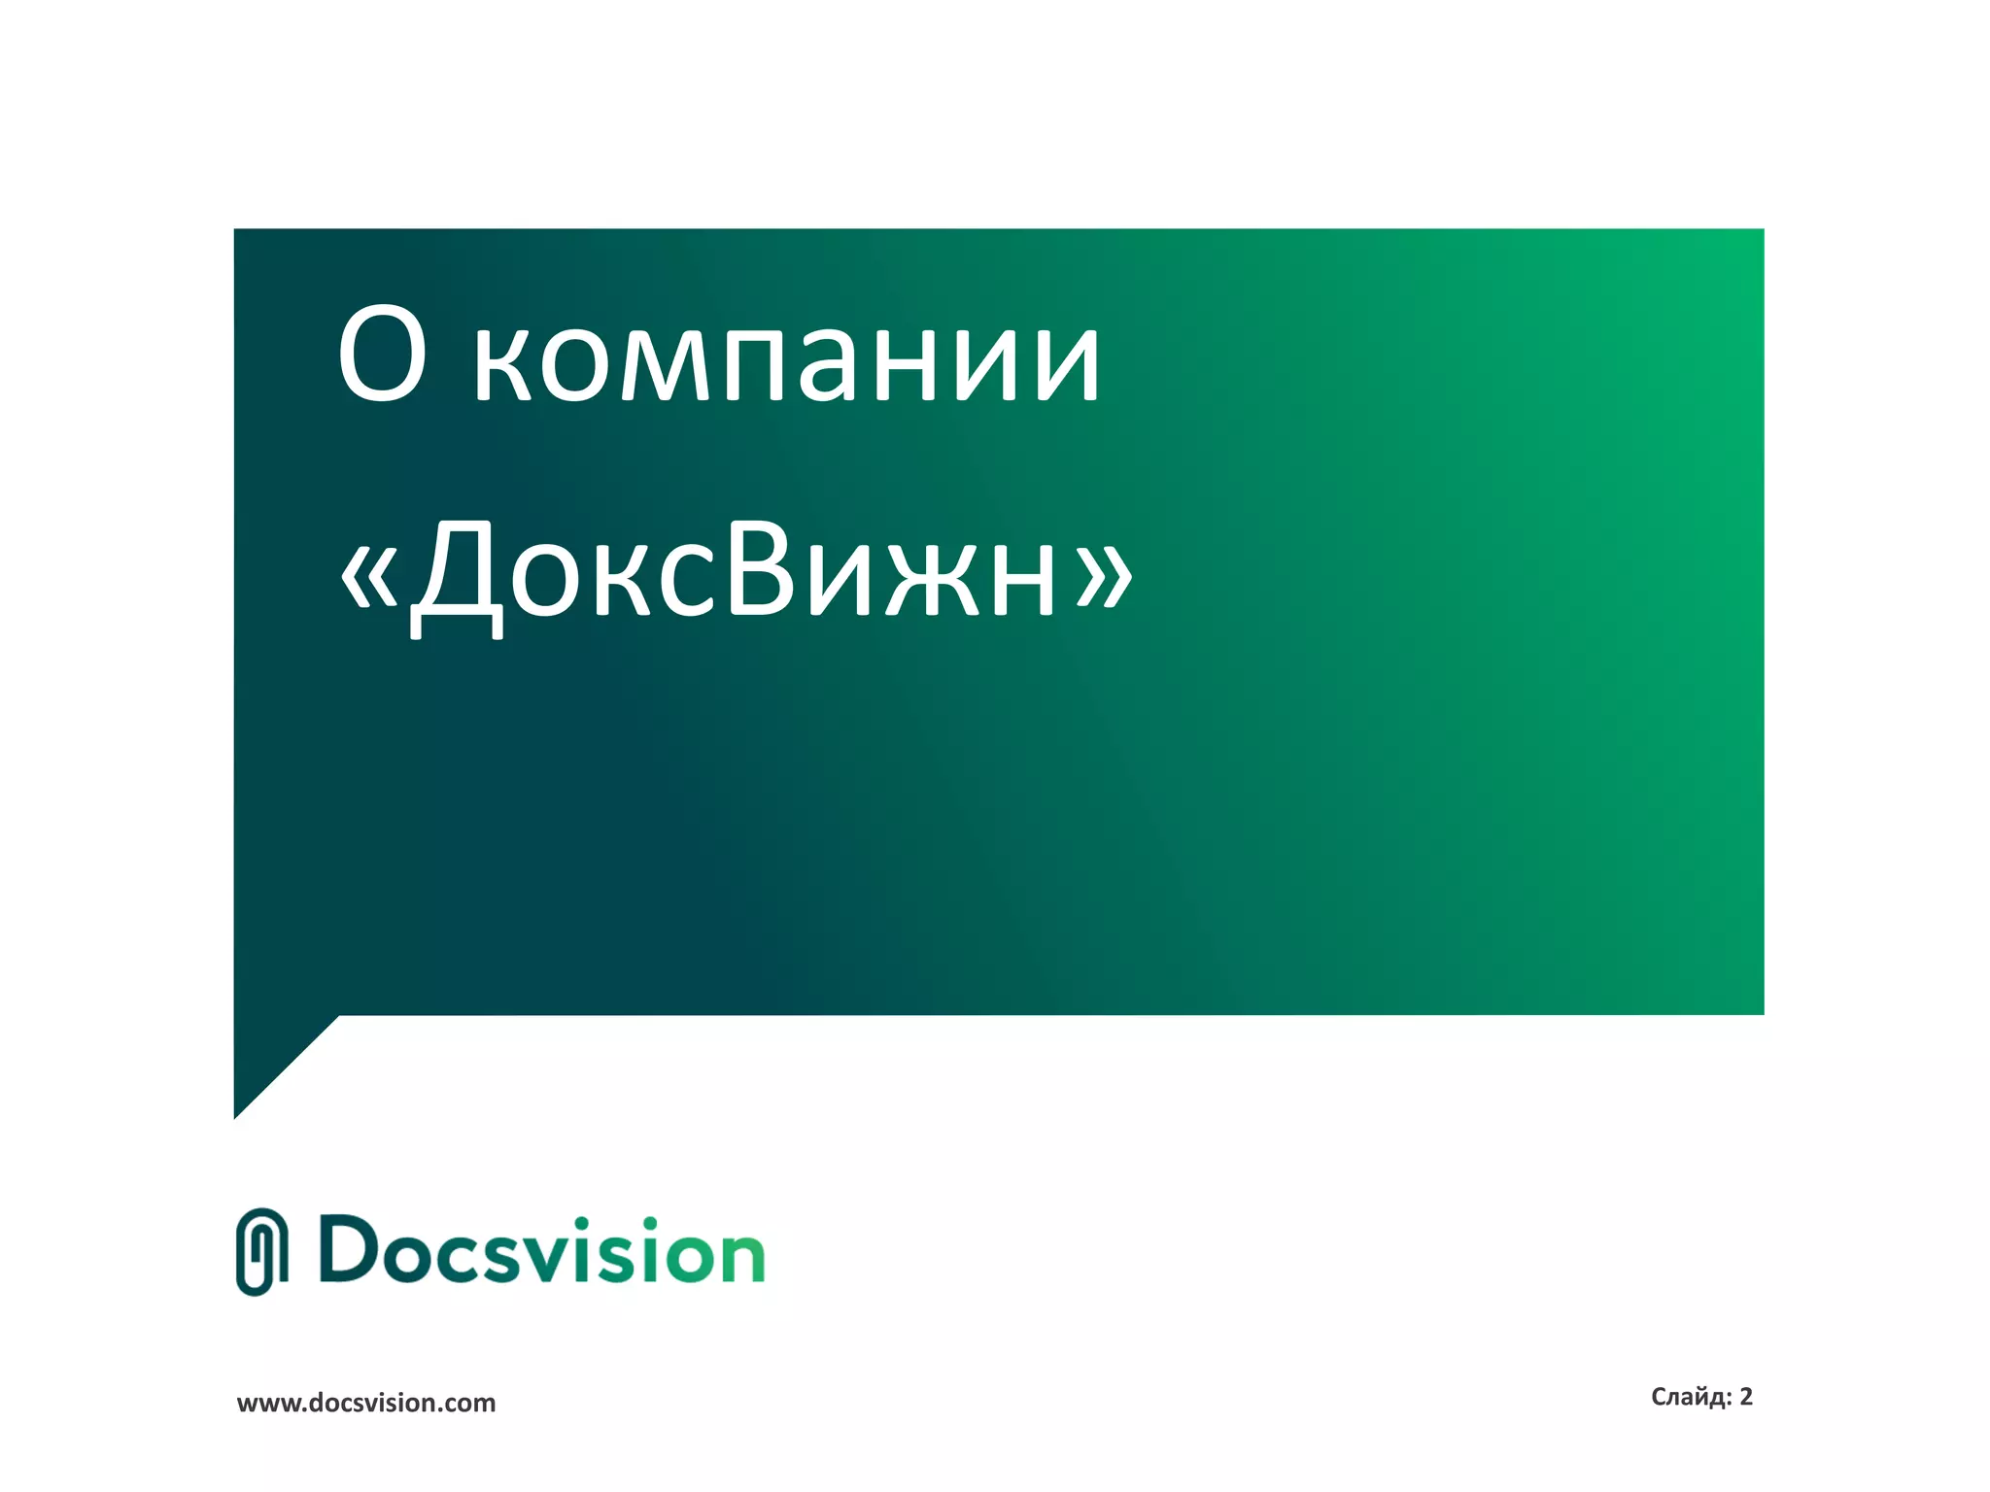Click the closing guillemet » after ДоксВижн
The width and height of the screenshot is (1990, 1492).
click(x=1105, y=573)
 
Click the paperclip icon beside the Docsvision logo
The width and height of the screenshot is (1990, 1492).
click(x=261, y=1252)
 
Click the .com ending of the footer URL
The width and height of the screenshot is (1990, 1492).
click(x=470, y=1404)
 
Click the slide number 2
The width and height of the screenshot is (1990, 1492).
click(x=1746, y=1397)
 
